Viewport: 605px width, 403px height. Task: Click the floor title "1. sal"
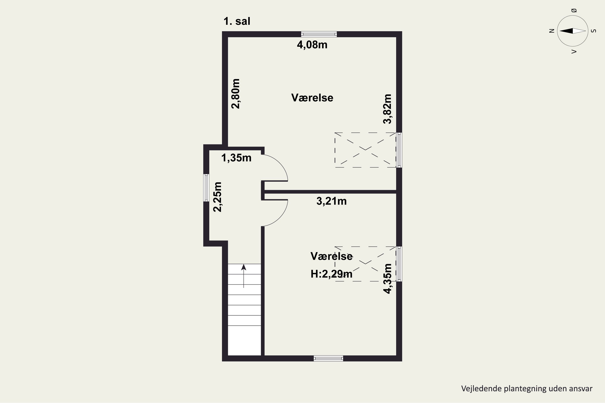tap(237, 21)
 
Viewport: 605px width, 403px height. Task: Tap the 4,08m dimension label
tap(312, 45)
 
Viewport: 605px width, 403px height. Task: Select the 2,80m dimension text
tap(236, 94)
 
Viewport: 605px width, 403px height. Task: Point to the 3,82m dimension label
tap(387, 109)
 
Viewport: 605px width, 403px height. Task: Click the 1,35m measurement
tap(236, 158)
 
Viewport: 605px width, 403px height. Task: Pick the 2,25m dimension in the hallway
tap(218, 197)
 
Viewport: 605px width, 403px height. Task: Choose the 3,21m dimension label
tap(331, 201)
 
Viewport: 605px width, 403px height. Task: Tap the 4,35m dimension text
tap(387, 279)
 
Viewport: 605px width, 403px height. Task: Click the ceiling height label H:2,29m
tap(331, 274)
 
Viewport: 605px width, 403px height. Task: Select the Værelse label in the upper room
tap(312, 98)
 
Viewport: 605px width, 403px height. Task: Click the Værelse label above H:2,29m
tap(331, 256)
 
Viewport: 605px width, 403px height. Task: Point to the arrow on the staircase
tap(244, 276)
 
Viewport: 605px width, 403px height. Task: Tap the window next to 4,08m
tap(319, 34)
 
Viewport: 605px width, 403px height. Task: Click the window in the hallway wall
tap(206, 188)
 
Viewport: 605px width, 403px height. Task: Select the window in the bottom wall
tap(328, 358)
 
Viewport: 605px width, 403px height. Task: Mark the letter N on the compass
tap(552, 31)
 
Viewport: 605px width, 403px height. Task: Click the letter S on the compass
tap(594, 31)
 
